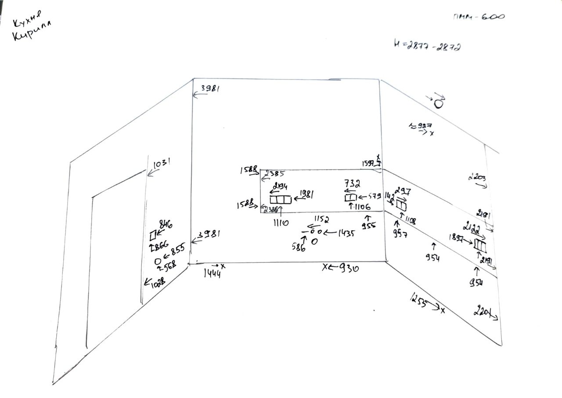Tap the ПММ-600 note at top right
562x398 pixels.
479,17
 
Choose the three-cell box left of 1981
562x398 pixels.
281,200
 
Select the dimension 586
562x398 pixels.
299,247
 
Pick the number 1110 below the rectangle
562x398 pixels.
281,223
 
